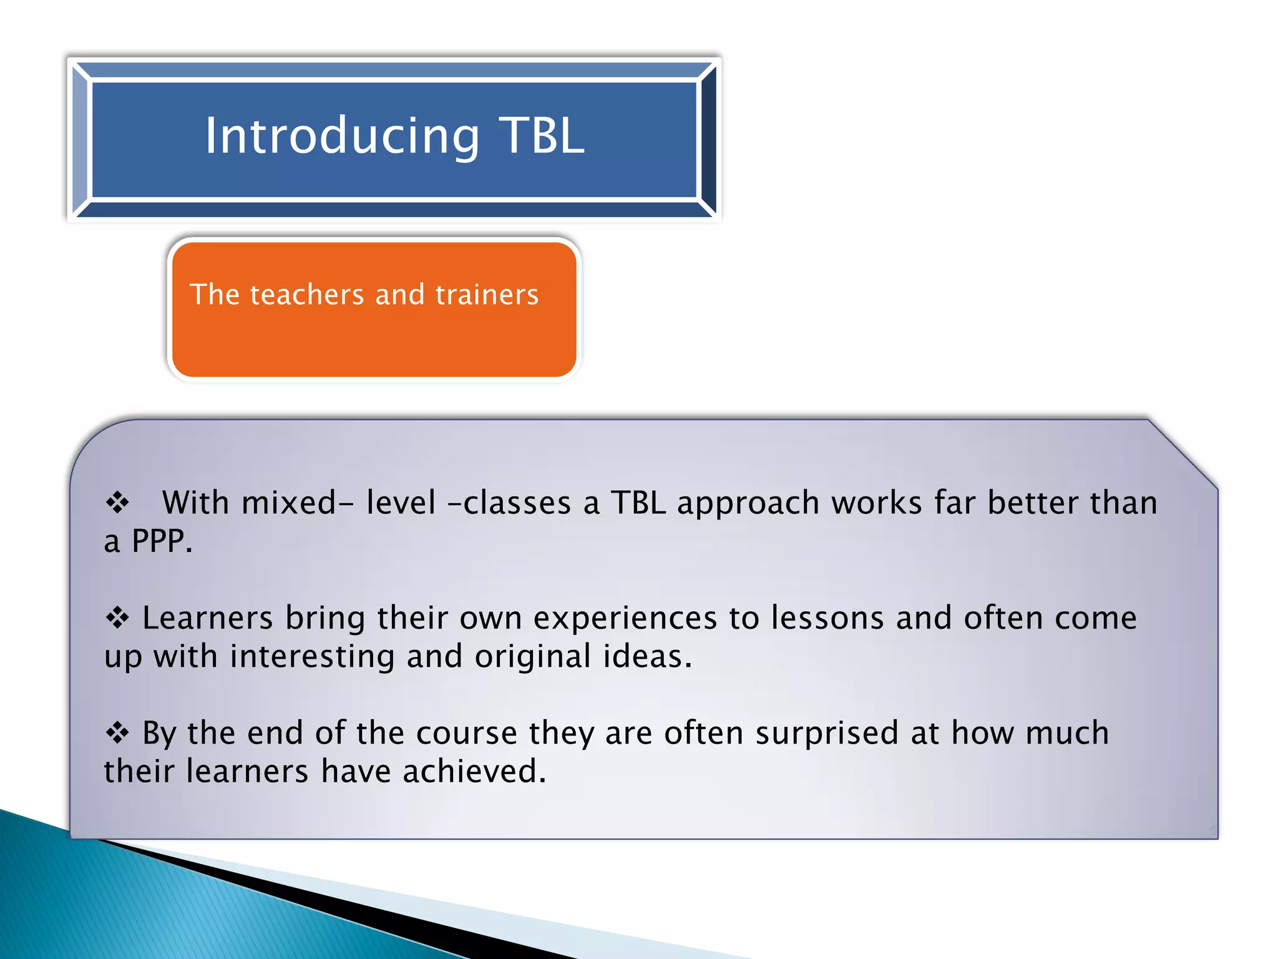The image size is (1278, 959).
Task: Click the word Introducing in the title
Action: coord(342,136)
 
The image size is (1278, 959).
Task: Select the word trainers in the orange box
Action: coord(487,295)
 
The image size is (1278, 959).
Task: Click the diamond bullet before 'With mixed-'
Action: coord(117,503)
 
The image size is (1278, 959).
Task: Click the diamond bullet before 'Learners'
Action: coord(117,618)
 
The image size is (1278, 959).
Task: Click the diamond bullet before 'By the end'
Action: coord(117,733)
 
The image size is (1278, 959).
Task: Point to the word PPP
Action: coord(162,541)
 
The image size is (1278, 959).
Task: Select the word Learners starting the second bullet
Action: coord(207,618)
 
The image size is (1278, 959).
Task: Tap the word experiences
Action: coord(625,618)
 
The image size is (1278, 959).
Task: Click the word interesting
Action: coord(312,657)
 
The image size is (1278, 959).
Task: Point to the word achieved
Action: coord(474,772)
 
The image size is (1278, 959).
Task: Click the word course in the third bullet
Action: coord(466,733)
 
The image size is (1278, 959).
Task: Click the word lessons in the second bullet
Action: coord(827,618)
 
